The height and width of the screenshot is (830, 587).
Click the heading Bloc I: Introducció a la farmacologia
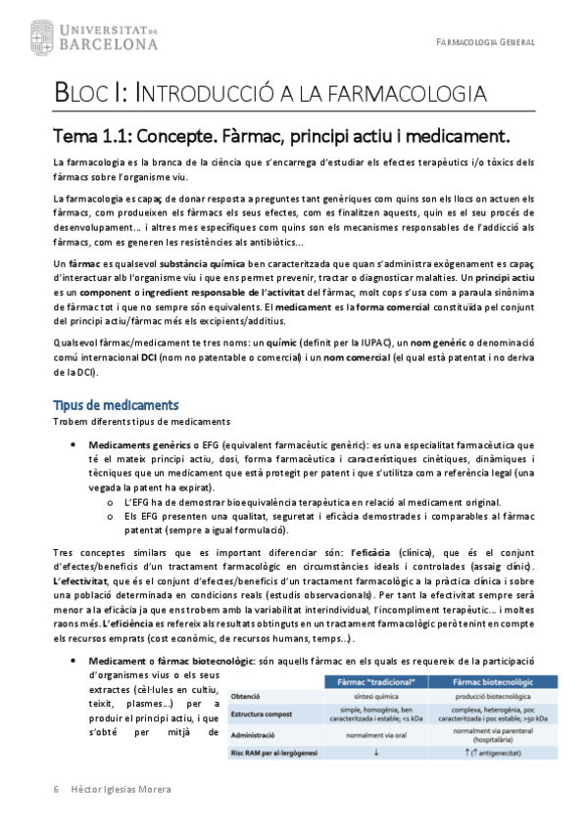click(269, 95)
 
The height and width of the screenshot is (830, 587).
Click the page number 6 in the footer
click(56, 789)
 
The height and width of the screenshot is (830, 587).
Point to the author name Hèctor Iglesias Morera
click(123, 789)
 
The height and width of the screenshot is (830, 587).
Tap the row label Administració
click(257, 733)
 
